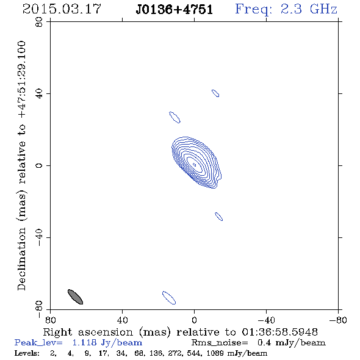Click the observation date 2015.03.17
click(x=62, y=9)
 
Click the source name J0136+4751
click(x=174, y=10)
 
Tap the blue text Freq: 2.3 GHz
click(x=286, y=9)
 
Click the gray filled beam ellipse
click(x=75, y=297)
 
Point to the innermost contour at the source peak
click(x=194, y=165)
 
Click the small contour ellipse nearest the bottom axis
click(x=169, y=298)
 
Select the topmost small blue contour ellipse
click(x=215, y=93)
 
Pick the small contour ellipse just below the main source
click(x=219, y=217)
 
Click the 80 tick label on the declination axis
click(x=39, y=22)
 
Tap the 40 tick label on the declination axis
click(x=39, y=94)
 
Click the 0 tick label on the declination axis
click(x=39, y=165)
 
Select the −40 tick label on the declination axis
click(x=39, y=237)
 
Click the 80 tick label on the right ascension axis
click(x=50, y=320)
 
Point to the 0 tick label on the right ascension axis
click(x=194, y=320)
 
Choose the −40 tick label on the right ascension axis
click(x=266, y=320)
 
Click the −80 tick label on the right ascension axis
click(x=338, y=320)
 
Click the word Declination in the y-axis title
click(x=21, y=259)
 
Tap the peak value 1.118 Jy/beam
click(x=107, y=343)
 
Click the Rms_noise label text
click(x=220, y=343)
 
